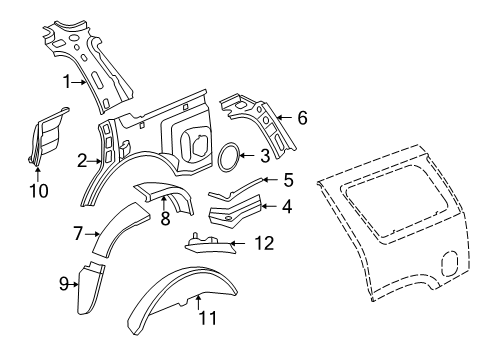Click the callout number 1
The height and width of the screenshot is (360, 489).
coord(67,81)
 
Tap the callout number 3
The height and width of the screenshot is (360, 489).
coord(263,155)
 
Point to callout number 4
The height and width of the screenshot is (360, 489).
coord(287,207)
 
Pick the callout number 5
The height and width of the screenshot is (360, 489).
coord(287,181)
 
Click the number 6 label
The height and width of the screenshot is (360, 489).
coord(301,118)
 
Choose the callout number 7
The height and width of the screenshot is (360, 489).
coord(77,233)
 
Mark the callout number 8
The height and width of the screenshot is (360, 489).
coord(165,218)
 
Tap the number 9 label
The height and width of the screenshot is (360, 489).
coord(64,283)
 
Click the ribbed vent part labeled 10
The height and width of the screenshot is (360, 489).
coord(47,135)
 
